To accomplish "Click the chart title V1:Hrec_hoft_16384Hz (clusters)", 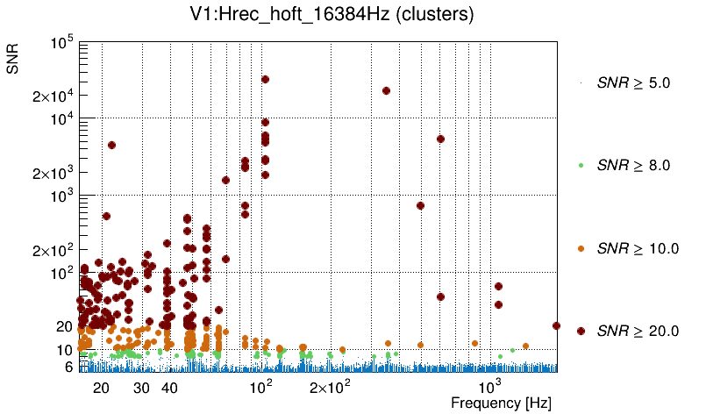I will pos(352,15).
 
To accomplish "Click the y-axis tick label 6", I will pos(68,367).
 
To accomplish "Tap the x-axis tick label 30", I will pos(142,388).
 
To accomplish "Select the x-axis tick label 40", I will pos(170,388).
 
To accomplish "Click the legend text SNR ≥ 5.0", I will pos(633,83).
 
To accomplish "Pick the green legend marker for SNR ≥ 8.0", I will pos(581,166).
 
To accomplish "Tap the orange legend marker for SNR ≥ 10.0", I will pos(581,248).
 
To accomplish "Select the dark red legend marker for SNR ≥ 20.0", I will pos(581,331).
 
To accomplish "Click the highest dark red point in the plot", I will pos(265,79).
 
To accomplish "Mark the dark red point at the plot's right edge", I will pos(556,325).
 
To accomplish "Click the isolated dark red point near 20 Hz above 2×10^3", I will pos(111,145).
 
